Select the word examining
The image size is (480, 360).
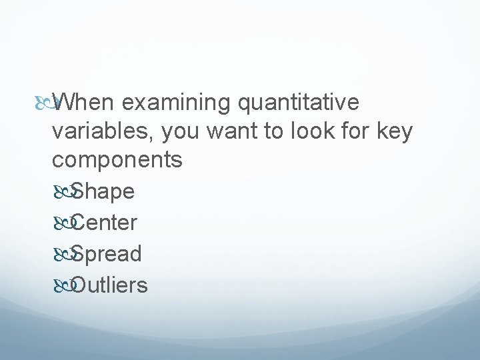[x=177, y=103]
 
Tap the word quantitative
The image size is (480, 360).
[x=299, y=103]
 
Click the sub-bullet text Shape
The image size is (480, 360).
[x=103, y=192]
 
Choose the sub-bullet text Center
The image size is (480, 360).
[x=104, y=223]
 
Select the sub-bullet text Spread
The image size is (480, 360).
[x=106, y=254]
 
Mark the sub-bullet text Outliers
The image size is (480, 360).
[x=109, y=285]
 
